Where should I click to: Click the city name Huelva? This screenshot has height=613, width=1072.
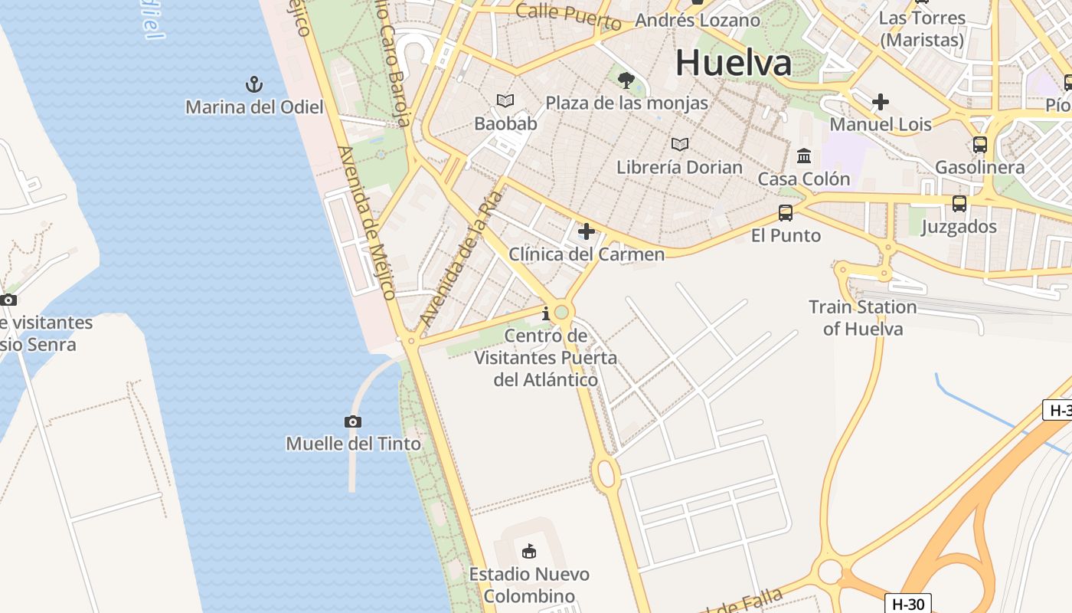733,63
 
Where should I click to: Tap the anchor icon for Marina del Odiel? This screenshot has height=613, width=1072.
253,84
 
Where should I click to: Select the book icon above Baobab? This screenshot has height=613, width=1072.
505,101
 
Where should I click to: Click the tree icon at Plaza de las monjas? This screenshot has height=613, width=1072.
626,80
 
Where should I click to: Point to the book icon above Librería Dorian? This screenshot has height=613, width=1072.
679,144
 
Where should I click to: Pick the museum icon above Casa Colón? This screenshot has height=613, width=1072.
804,156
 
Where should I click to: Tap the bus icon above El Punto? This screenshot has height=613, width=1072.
786,213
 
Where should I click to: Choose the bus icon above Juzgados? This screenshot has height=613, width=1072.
959,204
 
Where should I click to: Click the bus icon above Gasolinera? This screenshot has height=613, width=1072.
979,145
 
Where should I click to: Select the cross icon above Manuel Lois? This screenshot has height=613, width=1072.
881,101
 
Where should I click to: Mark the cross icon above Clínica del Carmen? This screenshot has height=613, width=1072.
587,231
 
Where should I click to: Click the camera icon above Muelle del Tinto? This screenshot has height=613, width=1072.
353,421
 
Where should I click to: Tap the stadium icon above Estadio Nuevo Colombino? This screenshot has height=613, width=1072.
528,551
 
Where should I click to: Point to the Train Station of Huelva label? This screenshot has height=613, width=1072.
863,318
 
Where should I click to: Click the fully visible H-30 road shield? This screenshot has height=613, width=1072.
909,604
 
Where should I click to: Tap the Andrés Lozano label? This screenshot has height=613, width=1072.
698,20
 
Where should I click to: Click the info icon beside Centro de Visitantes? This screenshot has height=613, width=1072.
546,313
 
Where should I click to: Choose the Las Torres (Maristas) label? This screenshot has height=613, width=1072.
922,28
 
